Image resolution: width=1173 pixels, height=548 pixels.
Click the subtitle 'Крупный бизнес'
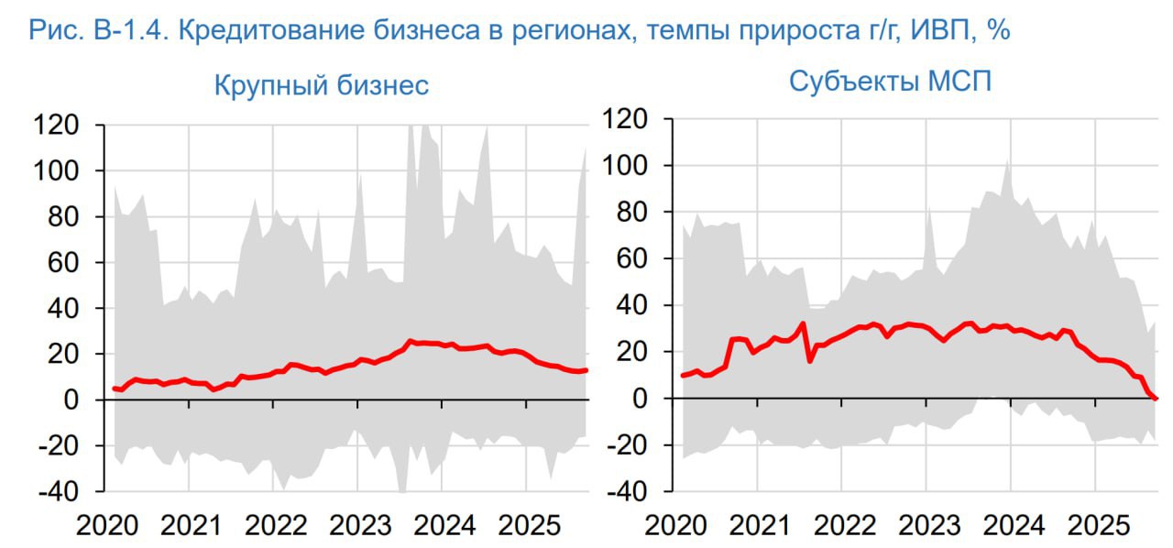click(322, 86)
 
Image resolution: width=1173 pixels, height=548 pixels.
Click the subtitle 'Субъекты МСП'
click(890, 82)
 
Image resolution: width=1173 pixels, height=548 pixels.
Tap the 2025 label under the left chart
click(527, 526)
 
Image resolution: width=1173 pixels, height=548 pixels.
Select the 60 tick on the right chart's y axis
click(639, 259)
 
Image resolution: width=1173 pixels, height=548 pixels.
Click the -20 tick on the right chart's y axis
click(633, 445)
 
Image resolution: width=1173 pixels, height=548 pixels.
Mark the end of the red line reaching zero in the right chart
click(1156, 398)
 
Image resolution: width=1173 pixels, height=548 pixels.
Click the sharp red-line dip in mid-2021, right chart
click(810, 360)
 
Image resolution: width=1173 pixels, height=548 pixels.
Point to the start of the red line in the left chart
click(114, 389)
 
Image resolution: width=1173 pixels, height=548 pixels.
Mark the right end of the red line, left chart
click(586, 370)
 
